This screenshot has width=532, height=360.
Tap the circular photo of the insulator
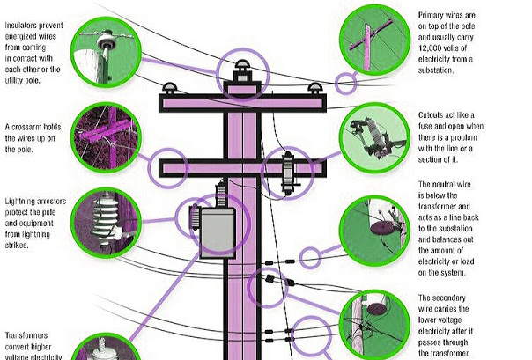tap(105, 48)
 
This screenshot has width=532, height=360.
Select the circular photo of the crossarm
tap(105, 137)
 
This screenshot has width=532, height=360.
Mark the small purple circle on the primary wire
tap(346, 84)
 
